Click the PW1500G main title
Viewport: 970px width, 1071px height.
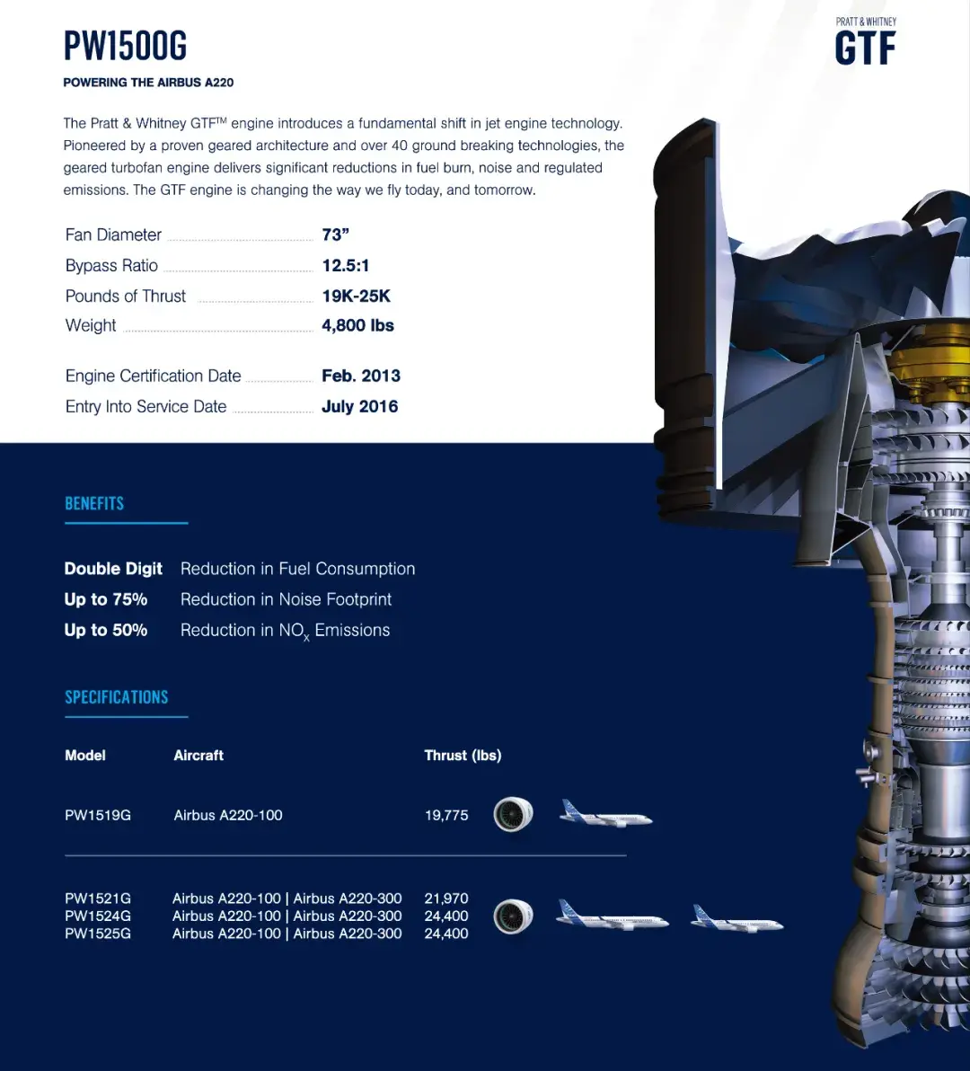(x=125, y=46)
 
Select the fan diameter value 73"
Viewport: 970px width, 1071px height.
(x=335, y=235)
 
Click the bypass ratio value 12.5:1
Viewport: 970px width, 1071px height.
(x=346, y=265)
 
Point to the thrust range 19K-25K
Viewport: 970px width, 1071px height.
(x=357, y=296)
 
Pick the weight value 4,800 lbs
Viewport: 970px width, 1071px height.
(x=357, y=325)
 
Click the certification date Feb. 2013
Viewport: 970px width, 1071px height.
(x=361, y=376)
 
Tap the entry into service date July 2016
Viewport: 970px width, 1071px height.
(x=359, y=406)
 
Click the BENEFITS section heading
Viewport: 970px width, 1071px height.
(x=94, y=503)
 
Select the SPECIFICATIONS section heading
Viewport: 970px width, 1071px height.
(x=117, y=697)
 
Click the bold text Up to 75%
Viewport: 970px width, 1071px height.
(x=106, y=599)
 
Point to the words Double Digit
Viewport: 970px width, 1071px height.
(x=113, y=569)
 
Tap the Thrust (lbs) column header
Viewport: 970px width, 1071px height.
(x=463, y=756)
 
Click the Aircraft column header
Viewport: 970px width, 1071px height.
(x=198, y=756)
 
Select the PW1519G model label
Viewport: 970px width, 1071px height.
(x=98, y=815)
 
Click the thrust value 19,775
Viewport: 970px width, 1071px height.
(x=446, y=815)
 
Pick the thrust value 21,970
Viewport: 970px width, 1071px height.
(x=446, y=898)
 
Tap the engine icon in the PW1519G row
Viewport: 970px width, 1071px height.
(x=513, y=815)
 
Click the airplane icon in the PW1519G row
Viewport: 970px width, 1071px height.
(x=605, y=814)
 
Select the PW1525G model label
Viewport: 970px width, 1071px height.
(x=98, y=934)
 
